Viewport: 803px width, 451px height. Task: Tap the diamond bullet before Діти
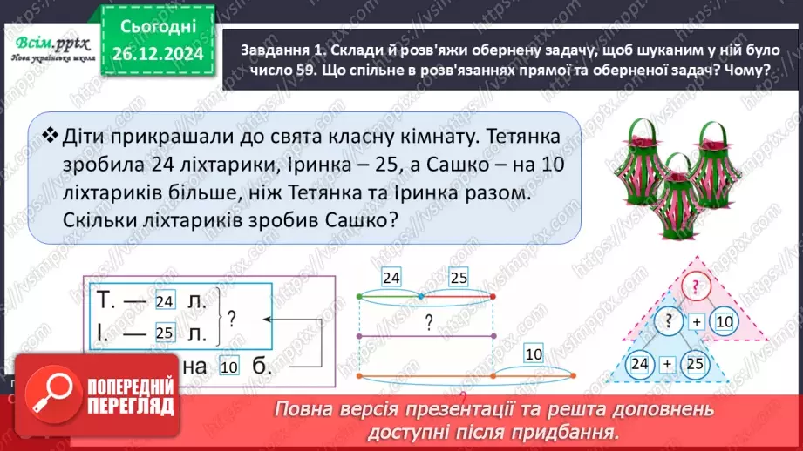pos(50,134)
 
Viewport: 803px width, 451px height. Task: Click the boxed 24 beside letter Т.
pos(164,301)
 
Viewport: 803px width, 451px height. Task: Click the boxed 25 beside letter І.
pos(164,333)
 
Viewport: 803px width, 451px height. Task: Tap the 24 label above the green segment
pos(391,279)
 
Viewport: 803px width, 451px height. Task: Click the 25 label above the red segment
pos(459,279)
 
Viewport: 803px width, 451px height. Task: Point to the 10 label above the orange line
pos(534,354)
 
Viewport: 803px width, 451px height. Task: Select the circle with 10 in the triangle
pos(723,323)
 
